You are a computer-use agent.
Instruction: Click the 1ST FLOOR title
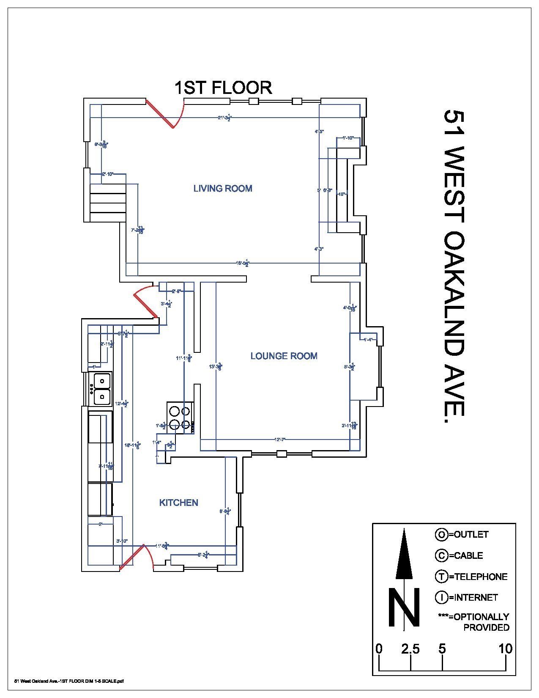(223, 88)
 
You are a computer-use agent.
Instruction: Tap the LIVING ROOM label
(223, 188)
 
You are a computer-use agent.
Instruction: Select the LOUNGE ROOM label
(284, 356)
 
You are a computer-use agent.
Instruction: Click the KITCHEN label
(178, 503)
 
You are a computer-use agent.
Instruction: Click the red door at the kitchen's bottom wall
(132, 557)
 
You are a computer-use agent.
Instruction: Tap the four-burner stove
(180, 417)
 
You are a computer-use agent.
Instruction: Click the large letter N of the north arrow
(404, 608)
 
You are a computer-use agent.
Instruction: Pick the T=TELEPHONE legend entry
(471, 576)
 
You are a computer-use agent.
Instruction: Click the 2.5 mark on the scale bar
(410, 649)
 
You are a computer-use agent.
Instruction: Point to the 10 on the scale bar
(505, 649)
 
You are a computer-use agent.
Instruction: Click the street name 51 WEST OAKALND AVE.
(454, 262)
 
